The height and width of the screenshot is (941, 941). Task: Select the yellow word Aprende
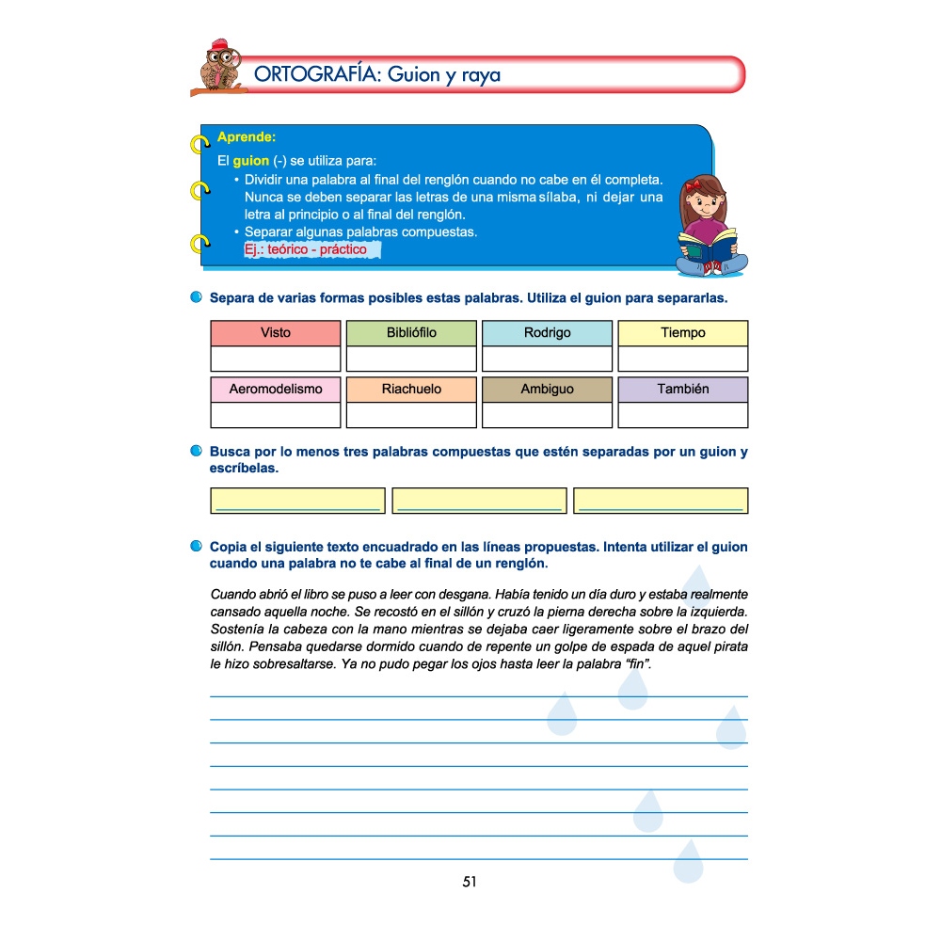(x=246, y=137)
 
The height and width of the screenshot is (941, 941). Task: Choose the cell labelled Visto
(x=276, y=333)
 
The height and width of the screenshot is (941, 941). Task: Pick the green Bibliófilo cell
(x=411, y=333)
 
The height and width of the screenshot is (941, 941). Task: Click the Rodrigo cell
(x=547, y=333)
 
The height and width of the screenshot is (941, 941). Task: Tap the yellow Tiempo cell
(x=682, y=333)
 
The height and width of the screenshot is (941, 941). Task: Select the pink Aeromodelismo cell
(x=276, y=390)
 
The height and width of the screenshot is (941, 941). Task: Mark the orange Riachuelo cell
(x=411, y=390)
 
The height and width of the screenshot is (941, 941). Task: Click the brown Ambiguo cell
(x=547, y=390)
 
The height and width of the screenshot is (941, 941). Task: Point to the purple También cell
(x=682, y=390)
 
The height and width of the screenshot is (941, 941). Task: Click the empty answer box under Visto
(x=276, y=359)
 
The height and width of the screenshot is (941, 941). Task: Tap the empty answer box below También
(x=682, y=415)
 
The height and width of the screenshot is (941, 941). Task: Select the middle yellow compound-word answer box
(x=479, y=501)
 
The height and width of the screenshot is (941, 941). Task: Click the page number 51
(x=470, y=882)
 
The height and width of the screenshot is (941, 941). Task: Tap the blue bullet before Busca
(x=196, y=452)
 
